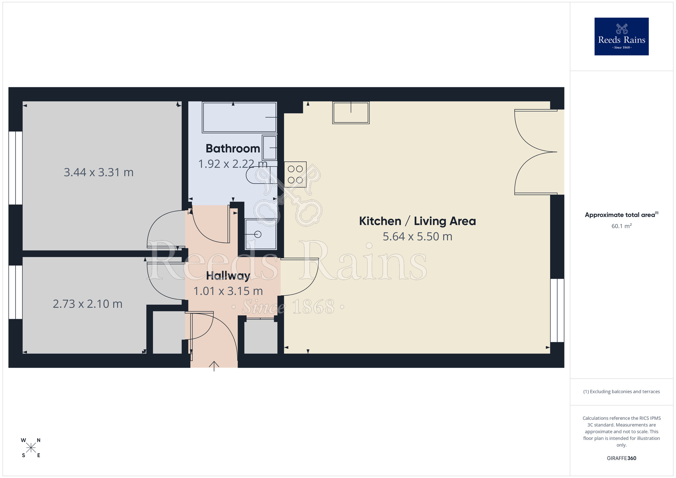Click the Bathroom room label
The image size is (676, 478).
[233, 148]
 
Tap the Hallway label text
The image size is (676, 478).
[228, 276]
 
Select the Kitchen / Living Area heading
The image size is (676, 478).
[417, 221]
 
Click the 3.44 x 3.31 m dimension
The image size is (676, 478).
[99, 172]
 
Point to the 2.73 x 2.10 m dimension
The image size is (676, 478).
[88, 304]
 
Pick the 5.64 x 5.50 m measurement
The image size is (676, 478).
[417, 237]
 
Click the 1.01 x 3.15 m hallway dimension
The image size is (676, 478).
[228, 291]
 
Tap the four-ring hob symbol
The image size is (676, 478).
[295, 174]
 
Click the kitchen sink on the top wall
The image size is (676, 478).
[351, 113]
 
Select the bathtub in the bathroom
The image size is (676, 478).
[239, 117]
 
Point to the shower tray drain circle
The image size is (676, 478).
[258, 234]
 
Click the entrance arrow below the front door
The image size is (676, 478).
[214, 366]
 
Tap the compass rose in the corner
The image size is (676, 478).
[31, 448]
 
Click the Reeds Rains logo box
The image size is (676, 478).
[621, 37]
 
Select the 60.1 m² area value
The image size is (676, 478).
[621, 226]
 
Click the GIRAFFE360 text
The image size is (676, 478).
[621, 458]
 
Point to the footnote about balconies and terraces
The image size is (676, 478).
[621, 391]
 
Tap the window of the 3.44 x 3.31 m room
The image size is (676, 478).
[16, 168]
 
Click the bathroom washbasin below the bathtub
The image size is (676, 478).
[270, 148]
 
